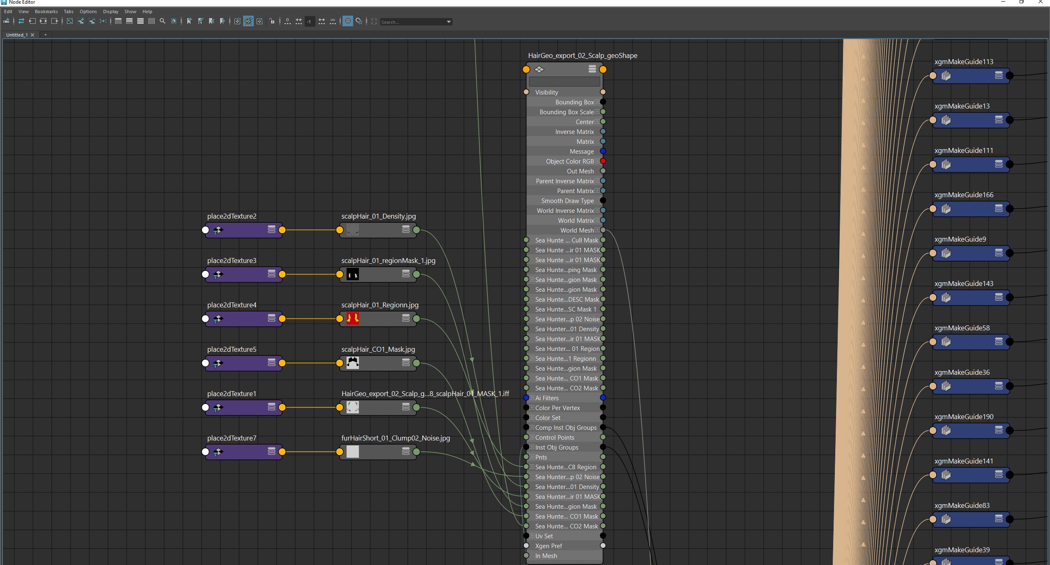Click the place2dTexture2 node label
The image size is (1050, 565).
(232, 216)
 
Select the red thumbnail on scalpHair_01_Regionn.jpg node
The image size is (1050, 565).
(352, 318)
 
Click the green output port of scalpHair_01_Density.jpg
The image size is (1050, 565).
(416, 230)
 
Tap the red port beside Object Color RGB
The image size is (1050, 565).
(603, 161)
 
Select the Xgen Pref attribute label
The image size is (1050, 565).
(548, 546)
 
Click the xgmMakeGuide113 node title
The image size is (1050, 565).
(963, 62)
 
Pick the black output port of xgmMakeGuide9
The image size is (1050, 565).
(1010, 253)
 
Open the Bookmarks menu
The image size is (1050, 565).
(46, 12)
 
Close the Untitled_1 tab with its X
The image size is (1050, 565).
(32, 35)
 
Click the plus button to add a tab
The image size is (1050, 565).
(46, 35)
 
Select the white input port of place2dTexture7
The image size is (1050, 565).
(205, 452)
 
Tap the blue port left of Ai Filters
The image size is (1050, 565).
(526, 398)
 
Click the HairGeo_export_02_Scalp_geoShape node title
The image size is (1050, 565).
(582, 55)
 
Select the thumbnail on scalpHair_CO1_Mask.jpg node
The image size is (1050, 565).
(352, 363)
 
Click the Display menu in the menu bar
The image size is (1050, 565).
(110, 12)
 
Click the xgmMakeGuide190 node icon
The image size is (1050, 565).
(946, 431)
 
